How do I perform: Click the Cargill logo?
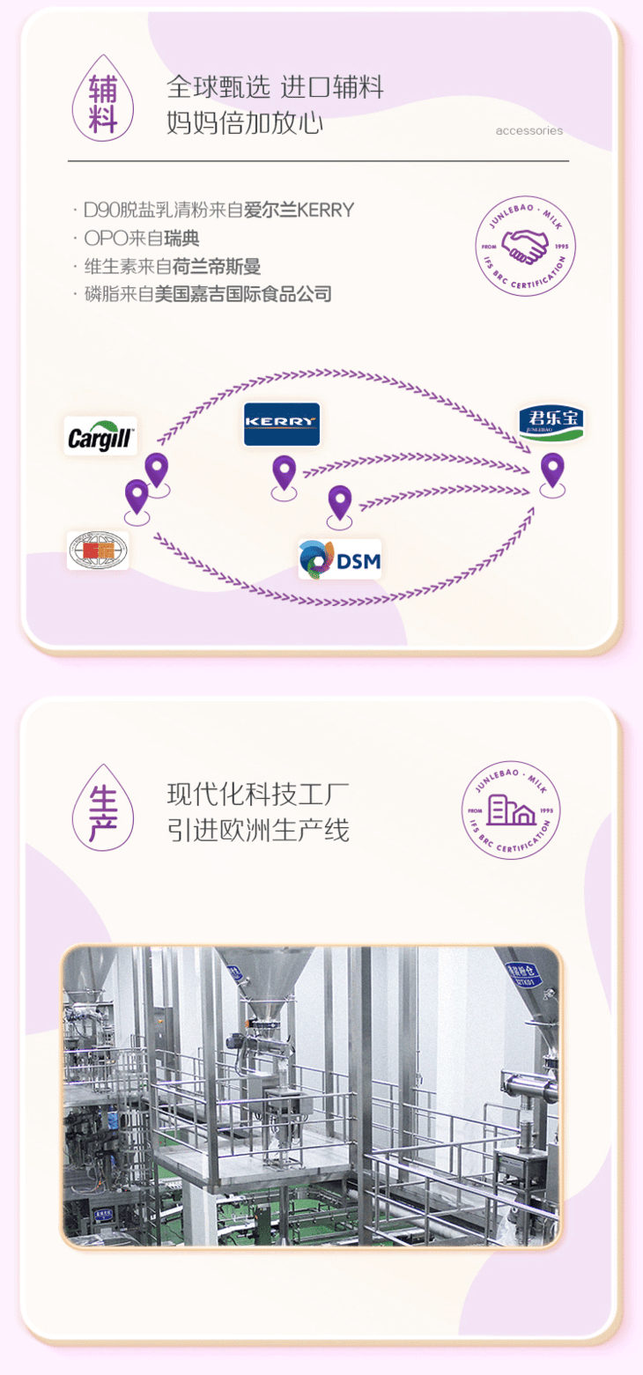(100, 436)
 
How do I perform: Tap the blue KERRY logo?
(282, 425)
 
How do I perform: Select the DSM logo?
(340, 559)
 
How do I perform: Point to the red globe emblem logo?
(98, 551)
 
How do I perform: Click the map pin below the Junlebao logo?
(552, 472)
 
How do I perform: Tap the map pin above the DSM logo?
(340, 504)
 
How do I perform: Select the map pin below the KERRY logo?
(284, 475)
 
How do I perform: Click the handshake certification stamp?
(526, 247)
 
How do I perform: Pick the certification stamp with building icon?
(512, 809)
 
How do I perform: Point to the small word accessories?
(528, 131)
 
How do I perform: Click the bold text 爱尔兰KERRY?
(299, 210)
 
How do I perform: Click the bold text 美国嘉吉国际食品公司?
(243, 294)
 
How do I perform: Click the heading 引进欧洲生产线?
(258, 829)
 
